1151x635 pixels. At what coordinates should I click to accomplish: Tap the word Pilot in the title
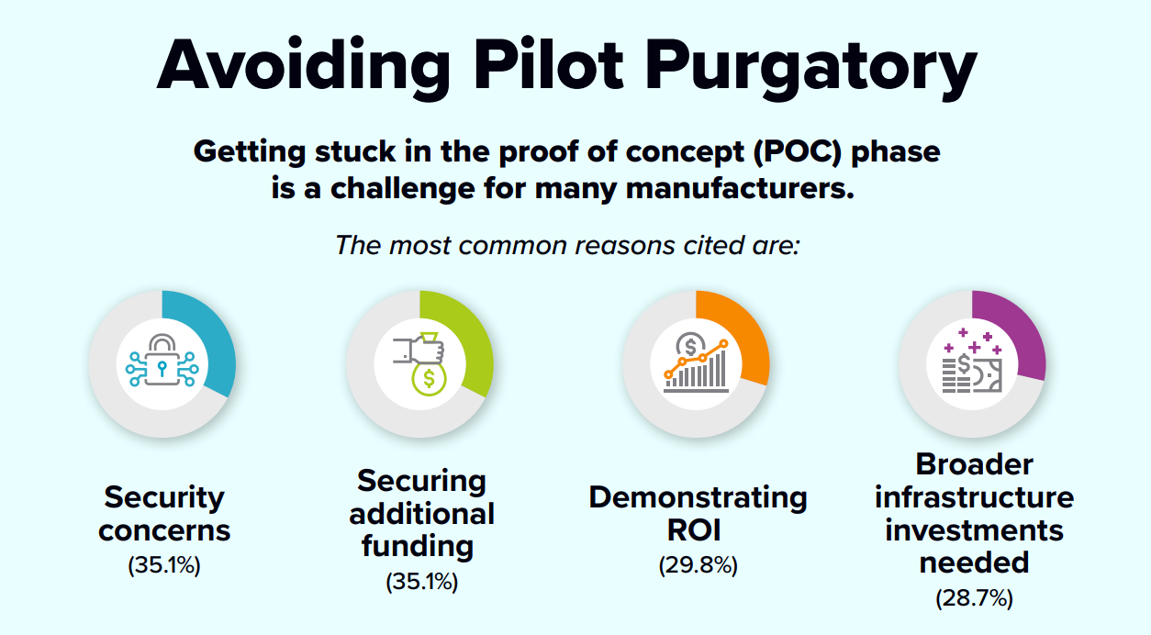coord(548,64)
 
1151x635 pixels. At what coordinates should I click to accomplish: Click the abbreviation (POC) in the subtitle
coord(798,152)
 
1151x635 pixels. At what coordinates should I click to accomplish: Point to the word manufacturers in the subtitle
coord(740,188)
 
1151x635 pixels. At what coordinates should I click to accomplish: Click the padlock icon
coord(162,360)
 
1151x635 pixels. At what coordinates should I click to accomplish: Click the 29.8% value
coord(698,565)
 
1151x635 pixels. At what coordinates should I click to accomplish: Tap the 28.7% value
coord(974,598)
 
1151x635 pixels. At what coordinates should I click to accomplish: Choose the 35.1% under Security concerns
coord(164,565)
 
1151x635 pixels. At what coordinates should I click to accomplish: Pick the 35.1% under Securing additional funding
coord(422,582)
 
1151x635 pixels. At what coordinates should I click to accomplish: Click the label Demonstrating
coord(698,498)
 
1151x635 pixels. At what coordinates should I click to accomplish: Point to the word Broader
coord(974,464)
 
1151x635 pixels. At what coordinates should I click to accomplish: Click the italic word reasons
coord(624,246)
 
